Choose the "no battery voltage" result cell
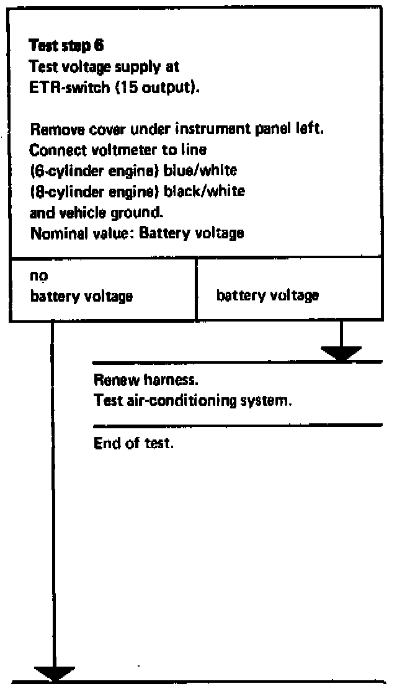tap(102, 289)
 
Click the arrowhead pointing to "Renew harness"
tap(341, 353)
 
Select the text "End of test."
tap(132, 444)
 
